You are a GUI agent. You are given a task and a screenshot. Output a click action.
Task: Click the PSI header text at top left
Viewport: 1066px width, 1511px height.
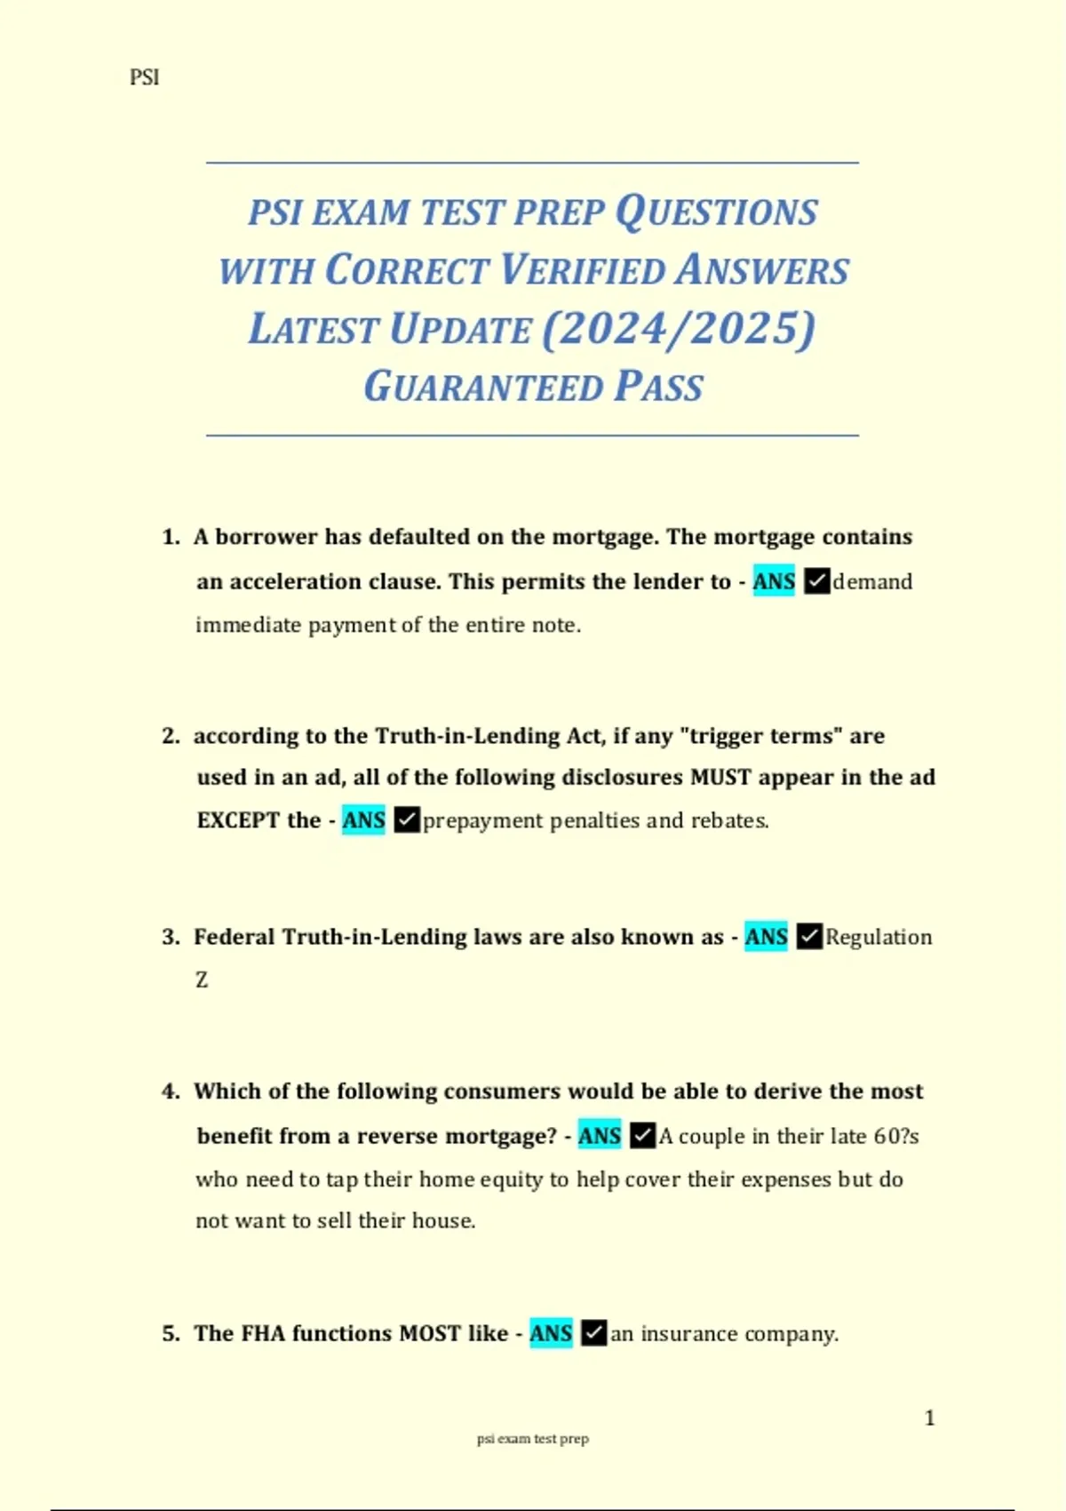(144, 77)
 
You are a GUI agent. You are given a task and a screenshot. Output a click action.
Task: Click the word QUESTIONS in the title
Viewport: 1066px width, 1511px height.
(716, 212)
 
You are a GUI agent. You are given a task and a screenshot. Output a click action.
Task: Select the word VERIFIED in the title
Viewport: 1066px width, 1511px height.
(582, 270)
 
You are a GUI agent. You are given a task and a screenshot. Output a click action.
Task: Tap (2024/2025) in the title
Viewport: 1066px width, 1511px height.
(678, 328)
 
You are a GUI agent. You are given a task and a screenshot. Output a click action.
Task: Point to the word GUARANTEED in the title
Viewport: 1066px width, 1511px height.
(483, 387)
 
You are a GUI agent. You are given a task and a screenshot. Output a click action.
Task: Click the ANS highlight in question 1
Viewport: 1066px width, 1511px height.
(773, 581)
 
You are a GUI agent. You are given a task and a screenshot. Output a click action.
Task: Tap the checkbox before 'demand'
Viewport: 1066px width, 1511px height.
(816, 581)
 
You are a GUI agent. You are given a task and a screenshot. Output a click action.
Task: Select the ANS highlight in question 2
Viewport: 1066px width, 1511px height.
(363, 819)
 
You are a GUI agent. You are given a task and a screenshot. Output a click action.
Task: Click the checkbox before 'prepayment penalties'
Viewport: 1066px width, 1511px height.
(406, 819)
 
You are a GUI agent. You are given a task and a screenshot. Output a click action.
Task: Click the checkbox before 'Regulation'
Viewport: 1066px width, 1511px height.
(809, 936)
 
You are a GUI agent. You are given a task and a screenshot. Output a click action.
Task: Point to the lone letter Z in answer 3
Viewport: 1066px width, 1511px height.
(202, 979)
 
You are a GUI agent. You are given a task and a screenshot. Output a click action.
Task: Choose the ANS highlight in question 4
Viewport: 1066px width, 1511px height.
(600, 1135)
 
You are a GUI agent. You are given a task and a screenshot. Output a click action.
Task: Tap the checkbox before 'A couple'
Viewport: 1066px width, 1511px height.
(642, 1135)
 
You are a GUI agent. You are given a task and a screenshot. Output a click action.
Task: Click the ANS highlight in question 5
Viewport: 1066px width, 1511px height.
(551, 1333)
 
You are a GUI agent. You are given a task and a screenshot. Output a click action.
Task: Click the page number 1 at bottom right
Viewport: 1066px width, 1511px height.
(929, 1418)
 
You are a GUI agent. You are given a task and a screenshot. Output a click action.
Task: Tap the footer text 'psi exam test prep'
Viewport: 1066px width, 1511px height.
(532, 1438)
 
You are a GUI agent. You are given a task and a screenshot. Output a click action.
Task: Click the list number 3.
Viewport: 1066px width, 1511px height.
(171, 937)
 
